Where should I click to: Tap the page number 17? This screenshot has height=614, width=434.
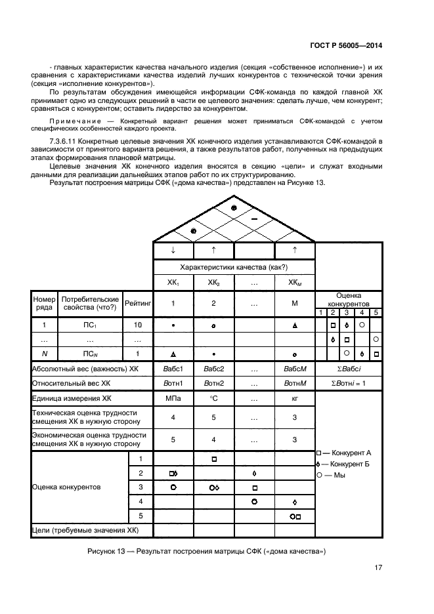(x=378, y=568)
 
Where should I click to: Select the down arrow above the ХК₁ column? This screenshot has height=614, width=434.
(x=173, y=250)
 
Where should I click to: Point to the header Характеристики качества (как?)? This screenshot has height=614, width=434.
(x=234, y=267)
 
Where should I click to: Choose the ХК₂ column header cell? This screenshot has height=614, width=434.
(x=214, y=283)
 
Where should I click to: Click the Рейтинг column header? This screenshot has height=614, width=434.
(x=138, y=304)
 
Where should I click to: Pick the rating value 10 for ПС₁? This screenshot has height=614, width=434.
(x=138, y=325)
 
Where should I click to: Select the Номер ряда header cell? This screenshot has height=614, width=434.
(x=44, y=304)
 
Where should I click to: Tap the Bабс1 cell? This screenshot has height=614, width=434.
(x=173, y=369)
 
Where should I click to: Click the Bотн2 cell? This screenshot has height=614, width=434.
(x=214, y=383)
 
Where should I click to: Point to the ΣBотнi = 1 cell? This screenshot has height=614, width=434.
(x=349, y=383)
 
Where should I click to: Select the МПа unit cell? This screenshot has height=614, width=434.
(x=173, y=398)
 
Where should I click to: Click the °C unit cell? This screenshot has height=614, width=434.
(x=214, y=398)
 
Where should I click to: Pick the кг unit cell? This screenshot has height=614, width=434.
(x=295, y=398)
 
